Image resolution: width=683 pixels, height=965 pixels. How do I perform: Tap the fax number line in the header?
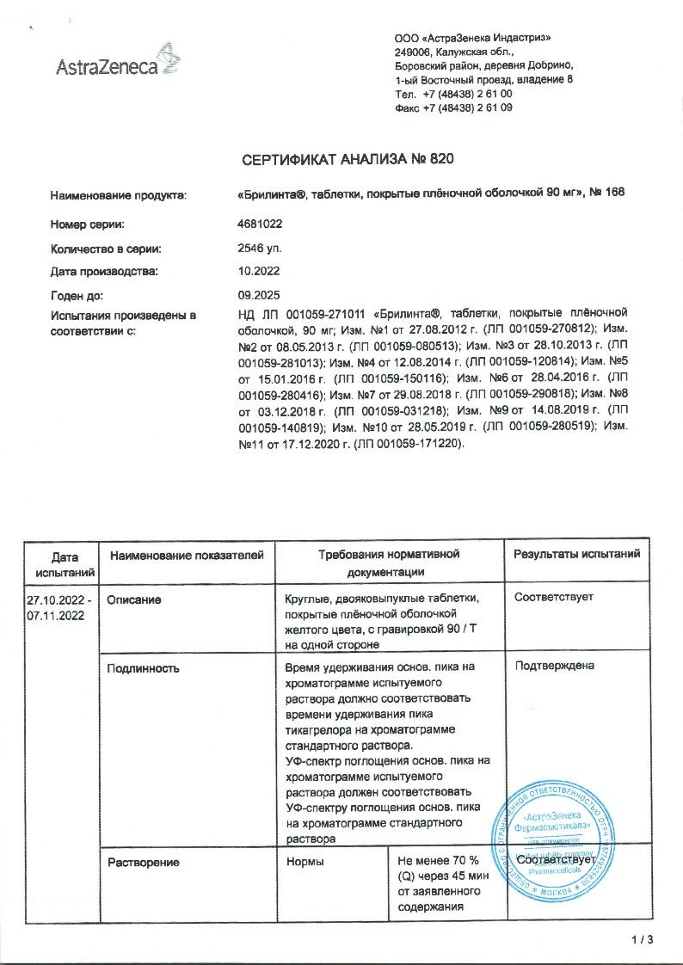coord(453,108)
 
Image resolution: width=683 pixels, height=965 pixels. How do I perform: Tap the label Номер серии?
coord(88,224)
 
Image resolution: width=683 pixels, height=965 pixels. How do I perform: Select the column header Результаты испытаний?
coord(576,555)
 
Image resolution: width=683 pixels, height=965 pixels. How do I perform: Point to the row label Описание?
coord(134,598)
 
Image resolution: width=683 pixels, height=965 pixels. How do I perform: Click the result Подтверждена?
coord(554,665)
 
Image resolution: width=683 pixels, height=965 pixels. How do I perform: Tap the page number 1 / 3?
coord(642,940)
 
